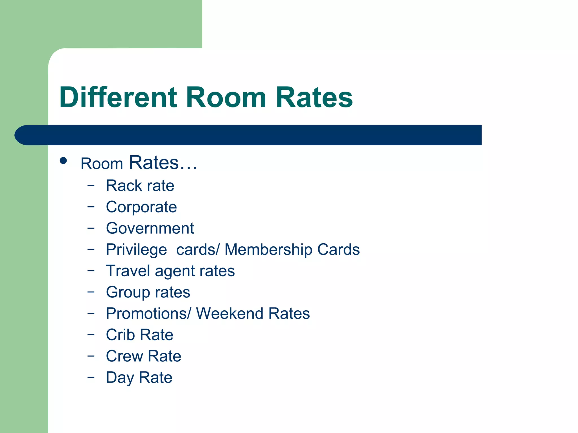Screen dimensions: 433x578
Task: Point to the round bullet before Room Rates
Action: click(63, 161)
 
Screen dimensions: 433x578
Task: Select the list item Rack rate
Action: click(140, 186)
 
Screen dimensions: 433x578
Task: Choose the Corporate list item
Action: click(141, 207)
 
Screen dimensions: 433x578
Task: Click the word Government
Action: click(150, 228)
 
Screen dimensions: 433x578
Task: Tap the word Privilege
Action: click(136, 250)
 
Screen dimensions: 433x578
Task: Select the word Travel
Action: click(128, 271)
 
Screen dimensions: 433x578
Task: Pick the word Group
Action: click(128, 292)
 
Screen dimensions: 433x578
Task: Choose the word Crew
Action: click(124, 356)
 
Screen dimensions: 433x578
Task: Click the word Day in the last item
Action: click(120, 378)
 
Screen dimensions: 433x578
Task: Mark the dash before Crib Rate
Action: click(91, 335)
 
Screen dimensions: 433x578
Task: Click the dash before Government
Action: click(91, 228)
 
